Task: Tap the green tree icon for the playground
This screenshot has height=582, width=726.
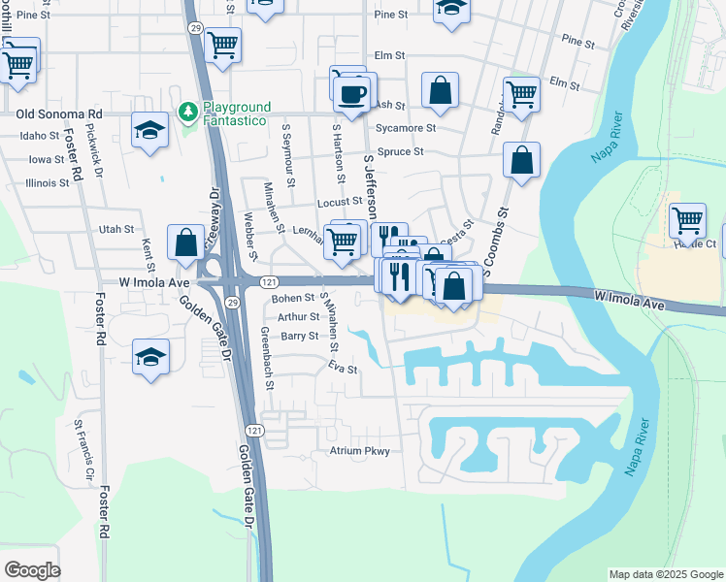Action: pyautogui.click(x=187, y=113)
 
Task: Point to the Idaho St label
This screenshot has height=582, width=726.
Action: pyautogui.click(x=40, y=136)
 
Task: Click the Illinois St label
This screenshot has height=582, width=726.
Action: pyautogui.click(x=47, y=182)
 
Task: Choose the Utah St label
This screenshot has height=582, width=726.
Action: pyautogui.click(x=115, y=229)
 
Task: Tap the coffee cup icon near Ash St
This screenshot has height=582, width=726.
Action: pyautogui.click(x=352, y=94)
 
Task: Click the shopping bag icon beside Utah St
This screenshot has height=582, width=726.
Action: pyautogui.click(x=185, y=242)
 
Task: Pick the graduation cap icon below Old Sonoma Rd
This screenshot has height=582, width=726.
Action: pyautogui.click(x=149, y=131)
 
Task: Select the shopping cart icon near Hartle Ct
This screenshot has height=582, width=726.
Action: pyautogui.click(x=687, y=220)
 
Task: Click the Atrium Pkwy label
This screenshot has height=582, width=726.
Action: pyautogui.click(x=359, y=451)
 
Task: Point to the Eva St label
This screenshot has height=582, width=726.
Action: pyautogui.click(x=343, y=369)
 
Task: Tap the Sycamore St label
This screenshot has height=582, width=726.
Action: pyautogui.click(x=406, y=128)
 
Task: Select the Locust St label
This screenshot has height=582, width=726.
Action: pyautogui.click(x=339, y=203)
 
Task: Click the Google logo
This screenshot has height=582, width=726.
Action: pyautogui.click(x=32, y=569)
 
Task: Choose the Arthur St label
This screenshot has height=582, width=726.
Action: pyautogui.click(x=298, y=317)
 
